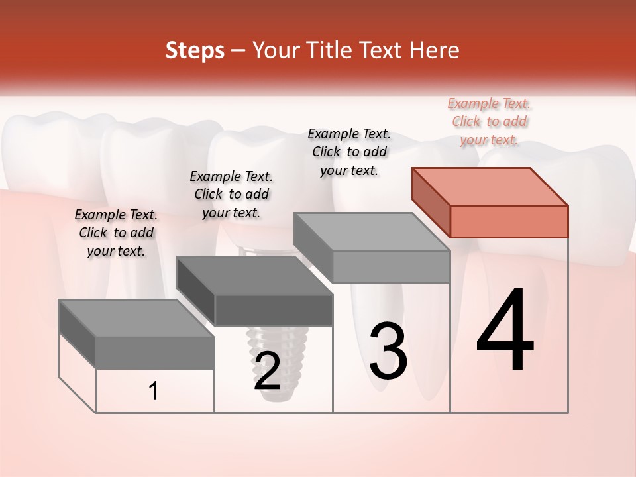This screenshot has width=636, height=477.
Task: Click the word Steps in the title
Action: coord(195,50)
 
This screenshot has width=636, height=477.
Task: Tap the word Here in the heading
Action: coord(435,50)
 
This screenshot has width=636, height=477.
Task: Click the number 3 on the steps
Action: coord(388,351)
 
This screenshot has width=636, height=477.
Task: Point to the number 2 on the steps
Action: coord(267,371)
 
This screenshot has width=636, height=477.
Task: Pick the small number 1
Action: coord(154,392)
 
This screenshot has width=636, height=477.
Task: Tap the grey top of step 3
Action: coord(372,232)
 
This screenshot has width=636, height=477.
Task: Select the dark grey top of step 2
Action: coord(254,276)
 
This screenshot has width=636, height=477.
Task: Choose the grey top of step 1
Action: coord(136,318)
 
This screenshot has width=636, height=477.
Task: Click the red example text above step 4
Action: coord(490,121)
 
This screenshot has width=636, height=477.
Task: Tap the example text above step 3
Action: coord(349,152)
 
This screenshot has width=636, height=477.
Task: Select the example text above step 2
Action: coord(231,194)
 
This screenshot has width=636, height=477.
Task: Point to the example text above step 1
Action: coord(116,233)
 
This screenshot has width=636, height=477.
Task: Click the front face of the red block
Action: coord(509,221)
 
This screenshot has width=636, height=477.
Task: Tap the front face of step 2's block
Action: coord(274,310)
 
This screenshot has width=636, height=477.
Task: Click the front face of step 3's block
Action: coord(391,266)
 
